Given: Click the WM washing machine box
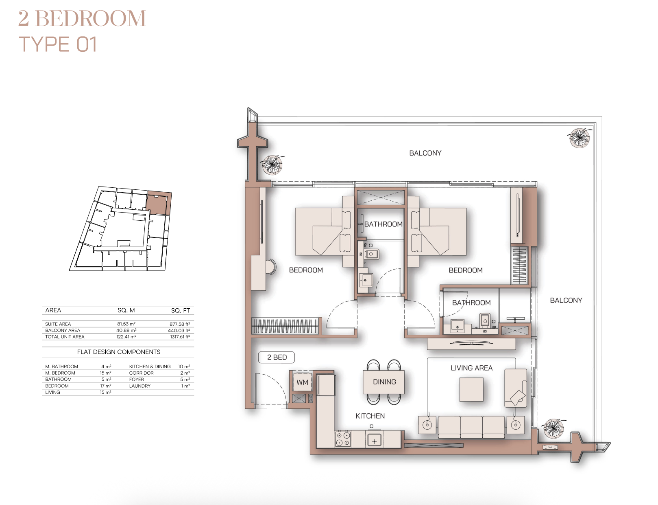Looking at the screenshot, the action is tap(302, 382).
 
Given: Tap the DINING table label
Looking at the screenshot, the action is tap(384, 382).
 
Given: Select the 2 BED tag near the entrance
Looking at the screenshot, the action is tap(277, 358).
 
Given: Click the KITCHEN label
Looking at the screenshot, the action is tap(370, 416).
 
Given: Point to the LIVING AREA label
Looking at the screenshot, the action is tap(471, 368).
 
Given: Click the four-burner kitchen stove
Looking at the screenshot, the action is tap(343, 439).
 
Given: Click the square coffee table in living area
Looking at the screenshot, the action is tap(471, 389).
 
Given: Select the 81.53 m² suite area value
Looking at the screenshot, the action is tap(126, 324).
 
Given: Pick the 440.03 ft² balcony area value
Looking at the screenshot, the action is tap(179, 330).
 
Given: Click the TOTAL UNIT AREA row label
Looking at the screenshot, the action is tap(65, 337).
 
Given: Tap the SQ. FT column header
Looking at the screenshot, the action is tap(181, 310).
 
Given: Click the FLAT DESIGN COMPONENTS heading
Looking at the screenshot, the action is tap(119, 352).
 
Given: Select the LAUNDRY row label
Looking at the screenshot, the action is tap(140, 386).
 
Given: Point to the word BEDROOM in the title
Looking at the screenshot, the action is tap(91, 18).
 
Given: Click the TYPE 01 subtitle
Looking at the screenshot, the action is tap(57, 44).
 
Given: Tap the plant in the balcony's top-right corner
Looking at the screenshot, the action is tap(579, 138).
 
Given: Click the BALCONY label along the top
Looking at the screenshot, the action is tap(425, 153).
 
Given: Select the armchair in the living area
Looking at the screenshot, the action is tap(516, 388).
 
